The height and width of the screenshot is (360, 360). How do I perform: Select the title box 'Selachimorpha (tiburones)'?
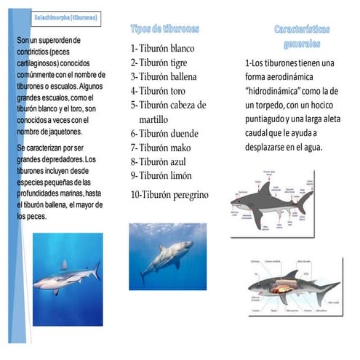point(67,17)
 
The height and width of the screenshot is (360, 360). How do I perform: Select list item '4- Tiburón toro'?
point(158,91)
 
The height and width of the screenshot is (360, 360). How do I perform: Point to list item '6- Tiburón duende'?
point(164,133)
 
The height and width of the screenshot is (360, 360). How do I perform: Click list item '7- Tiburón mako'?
point(161,148)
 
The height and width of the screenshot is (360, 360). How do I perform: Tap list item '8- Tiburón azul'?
point(159,161)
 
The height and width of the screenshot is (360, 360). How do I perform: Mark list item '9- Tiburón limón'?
point(161,175)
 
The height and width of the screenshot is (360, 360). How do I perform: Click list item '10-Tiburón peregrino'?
point(169,194)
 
